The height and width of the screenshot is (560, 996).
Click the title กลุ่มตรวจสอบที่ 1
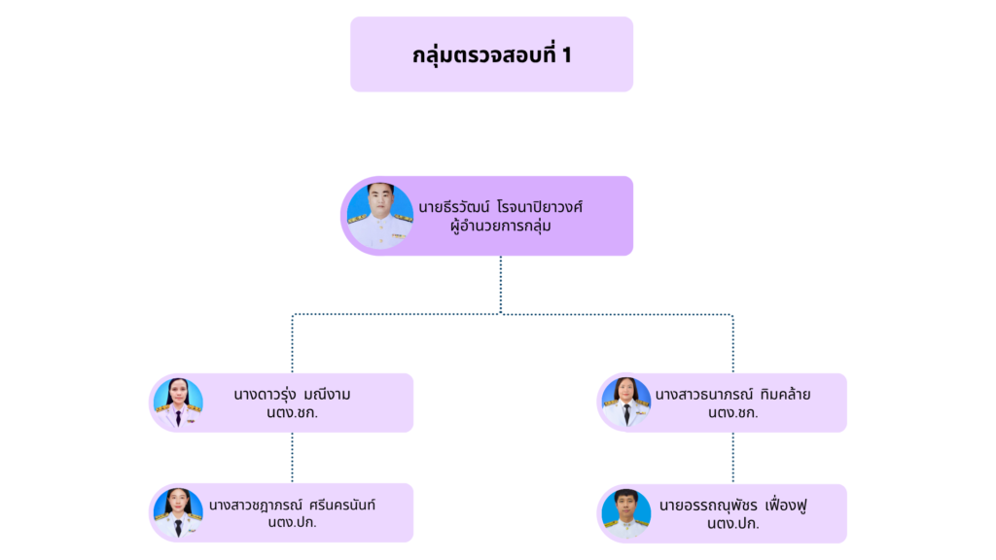491,55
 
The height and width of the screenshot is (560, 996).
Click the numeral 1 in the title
566,55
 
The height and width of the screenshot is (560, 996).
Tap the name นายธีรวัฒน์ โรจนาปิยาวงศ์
501,207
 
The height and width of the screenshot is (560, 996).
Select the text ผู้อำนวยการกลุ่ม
501,227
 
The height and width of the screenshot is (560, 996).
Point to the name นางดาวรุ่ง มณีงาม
292,395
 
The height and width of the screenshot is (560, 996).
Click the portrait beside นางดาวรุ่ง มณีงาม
178,402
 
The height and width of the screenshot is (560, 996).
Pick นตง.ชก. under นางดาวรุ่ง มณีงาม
292,413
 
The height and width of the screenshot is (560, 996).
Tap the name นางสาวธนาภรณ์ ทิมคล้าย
732,395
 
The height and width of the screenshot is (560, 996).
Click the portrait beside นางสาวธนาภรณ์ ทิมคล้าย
626,402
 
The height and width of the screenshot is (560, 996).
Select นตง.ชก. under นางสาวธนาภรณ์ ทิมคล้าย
732,413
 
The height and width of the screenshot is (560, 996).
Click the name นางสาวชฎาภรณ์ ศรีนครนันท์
292,506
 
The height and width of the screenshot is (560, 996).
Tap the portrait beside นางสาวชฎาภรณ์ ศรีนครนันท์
178,512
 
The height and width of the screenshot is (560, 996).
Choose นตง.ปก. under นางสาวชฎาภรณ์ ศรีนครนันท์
292,523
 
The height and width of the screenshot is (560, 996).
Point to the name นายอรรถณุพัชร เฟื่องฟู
732,506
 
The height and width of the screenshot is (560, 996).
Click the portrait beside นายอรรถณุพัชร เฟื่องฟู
626,513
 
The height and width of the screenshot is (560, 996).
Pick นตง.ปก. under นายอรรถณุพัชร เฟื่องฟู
732,524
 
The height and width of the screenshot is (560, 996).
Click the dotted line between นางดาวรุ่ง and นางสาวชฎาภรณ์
292,457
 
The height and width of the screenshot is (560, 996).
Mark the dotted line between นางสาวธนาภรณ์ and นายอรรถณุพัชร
732,458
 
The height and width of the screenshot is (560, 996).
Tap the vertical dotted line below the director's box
501,284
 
